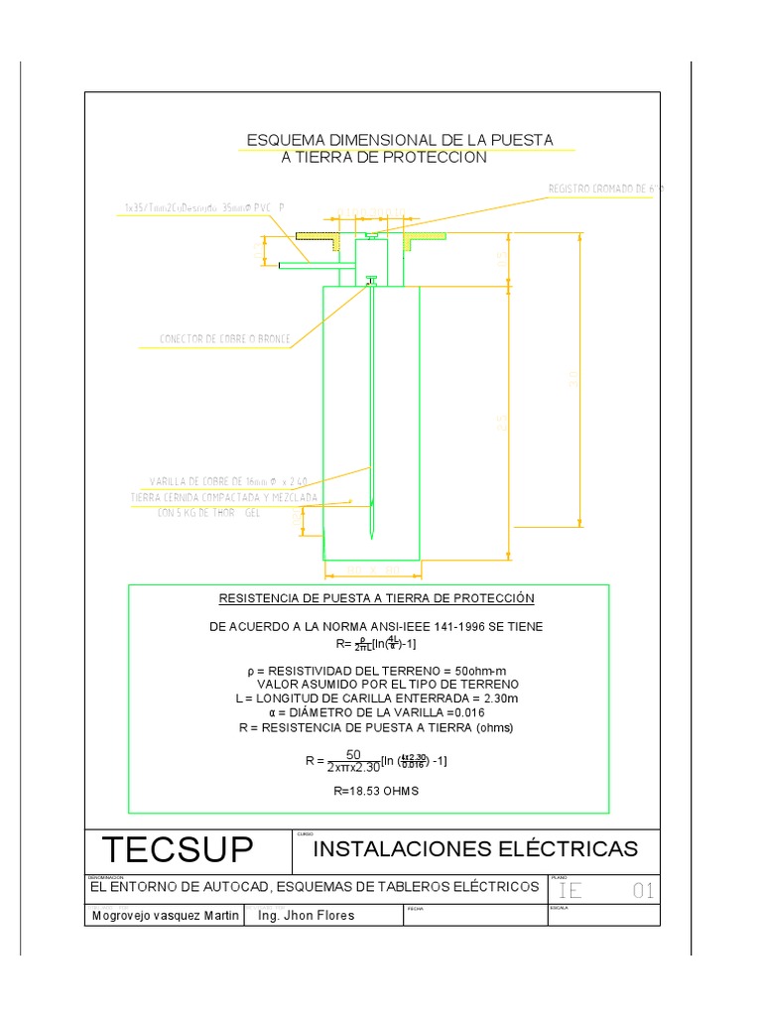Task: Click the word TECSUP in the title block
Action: click(178, 851)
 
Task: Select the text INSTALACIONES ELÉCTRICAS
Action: click(475, 849)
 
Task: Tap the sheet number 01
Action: click(643, 891)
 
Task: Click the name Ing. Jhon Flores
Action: click(306, 916)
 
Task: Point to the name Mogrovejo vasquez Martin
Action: click(165, 916)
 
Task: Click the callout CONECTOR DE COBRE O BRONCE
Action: click(225, 339)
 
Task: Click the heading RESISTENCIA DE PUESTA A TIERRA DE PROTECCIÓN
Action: click(376, 598)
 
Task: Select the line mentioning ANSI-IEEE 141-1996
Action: click(376, 627)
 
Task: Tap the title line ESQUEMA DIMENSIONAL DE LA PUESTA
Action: click(400, 140)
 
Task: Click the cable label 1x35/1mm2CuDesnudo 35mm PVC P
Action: click(204, 208)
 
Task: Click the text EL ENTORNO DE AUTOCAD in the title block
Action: click(315, 885)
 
